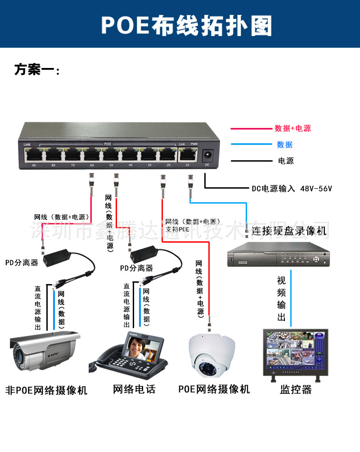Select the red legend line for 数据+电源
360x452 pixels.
[250, 129]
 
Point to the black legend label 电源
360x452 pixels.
[286, 161]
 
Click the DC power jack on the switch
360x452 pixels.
[207, 155]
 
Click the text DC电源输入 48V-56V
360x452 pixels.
[292, 189]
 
